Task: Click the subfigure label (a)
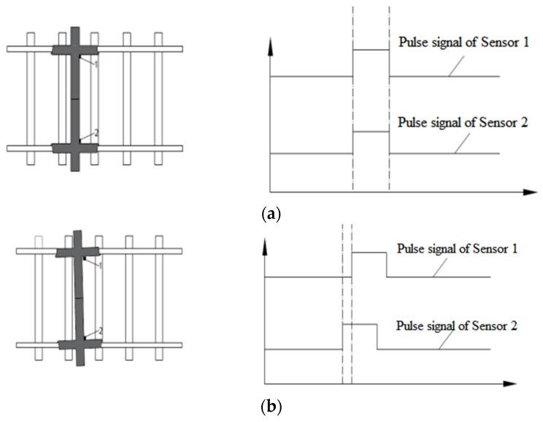(x=271, y=215)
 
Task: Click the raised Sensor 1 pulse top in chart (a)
(x=371, y=50)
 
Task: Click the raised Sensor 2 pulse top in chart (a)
(x=371, y=131)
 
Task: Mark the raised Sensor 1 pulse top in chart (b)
(x=369, y=252)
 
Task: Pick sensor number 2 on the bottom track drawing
(x=100, y=331)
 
